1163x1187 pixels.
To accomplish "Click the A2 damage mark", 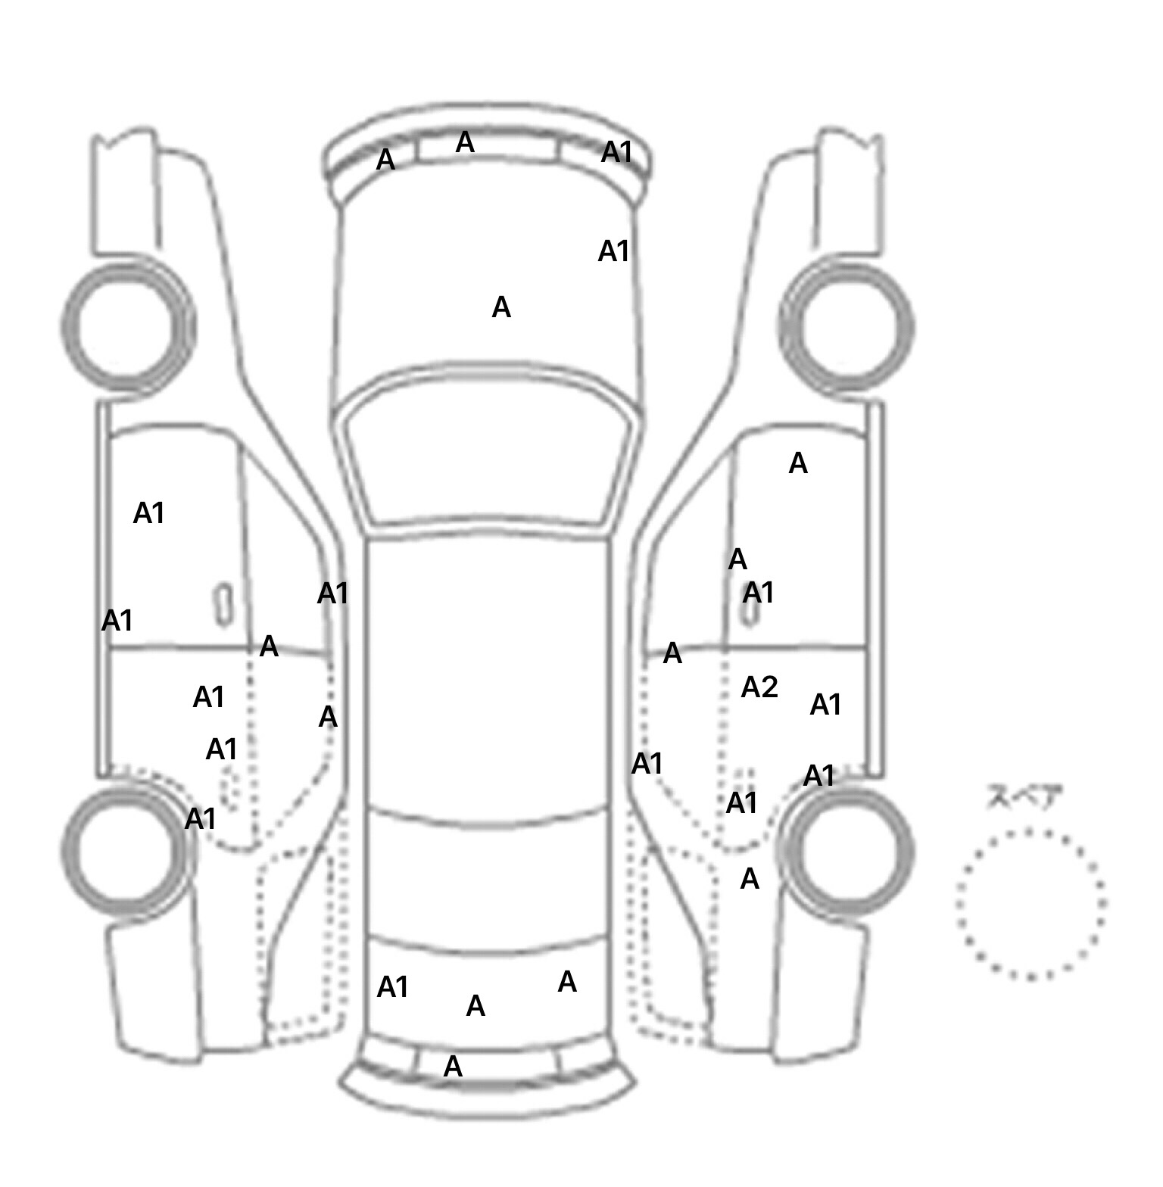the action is [x=759, y=687].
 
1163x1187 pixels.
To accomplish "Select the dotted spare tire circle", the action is [x=1030, y=904].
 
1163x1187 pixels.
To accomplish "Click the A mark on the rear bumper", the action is [x=453, y=1067].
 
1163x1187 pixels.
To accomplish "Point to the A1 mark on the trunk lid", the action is [x=392, y=987].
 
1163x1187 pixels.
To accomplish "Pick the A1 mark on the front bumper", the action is [x=616, y=152].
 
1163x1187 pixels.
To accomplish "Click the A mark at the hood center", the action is [x=501, y=307].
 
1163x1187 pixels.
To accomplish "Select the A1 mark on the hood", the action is [x=613, y=251].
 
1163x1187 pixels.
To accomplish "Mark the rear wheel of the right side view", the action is [x=847, y=851].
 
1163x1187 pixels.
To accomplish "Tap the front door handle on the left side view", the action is [x=223, y=604].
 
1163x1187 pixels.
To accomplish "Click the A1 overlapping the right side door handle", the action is [x=759, y=593].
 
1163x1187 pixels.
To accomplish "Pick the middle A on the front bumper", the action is [x=465, y=142].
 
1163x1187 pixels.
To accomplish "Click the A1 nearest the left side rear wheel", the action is [x=201, y=818].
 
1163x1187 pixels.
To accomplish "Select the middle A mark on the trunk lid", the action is [x=475, y=1006].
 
